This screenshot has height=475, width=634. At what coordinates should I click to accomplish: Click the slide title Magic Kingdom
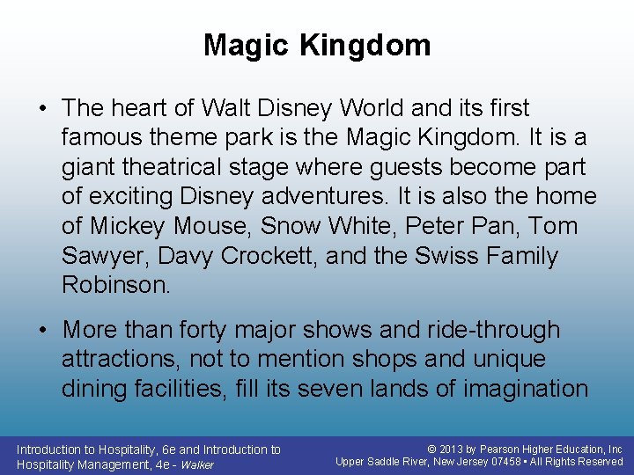pyautogui.click(x=317, y=45)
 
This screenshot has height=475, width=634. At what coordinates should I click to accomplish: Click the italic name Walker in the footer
pyautogui.click(x=197, y=464)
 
